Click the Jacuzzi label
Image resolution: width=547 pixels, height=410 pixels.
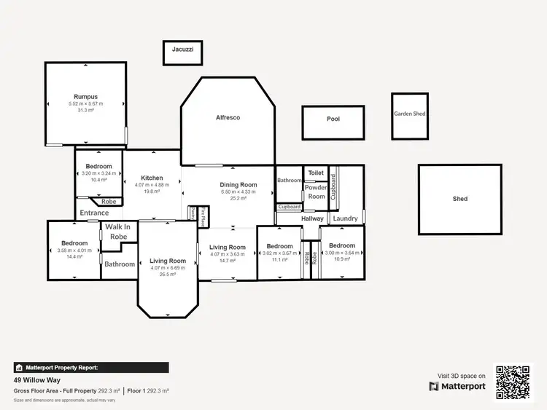[x=182, y=50]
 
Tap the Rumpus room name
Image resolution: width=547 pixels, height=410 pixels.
[x=85, y=97]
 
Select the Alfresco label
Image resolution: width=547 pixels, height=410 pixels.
[x=228, y=117]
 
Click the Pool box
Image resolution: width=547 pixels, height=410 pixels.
[x=333, y=119]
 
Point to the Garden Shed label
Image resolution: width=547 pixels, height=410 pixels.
[x=409, y=114]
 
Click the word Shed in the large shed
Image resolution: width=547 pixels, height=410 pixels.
[x=459, y=199]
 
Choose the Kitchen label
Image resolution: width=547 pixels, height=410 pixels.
[x=152, y=178]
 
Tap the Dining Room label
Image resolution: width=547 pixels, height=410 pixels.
[x=238, y=185]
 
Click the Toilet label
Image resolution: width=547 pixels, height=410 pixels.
[x=315, y=173]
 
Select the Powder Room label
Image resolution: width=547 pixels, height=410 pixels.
[x=316, y=192]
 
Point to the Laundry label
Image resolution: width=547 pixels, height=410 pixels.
[x=345, y=218]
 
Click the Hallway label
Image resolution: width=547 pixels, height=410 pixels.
[x=312, y=218]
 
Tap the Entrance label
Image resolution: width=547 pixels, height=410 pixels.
[x=94, y=213]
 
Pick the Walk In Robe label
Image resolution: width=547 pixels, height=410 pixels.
[x=118, y=232]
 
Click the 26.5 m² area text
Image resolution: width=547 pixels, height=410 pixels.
[x=168, y=275]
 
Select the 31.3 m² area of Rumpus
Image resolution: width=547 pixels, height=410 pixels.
[x=85, y=111]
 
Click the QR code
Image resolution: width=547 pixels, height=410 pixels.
[x=513, y=382]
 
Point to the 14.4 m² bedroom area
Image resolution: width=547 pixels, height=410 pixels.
[x=74, y=257]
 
